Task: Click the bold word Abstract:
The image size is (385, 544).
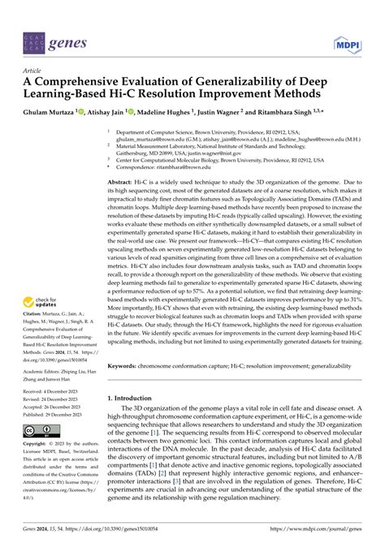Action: (x=123, y=184)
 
